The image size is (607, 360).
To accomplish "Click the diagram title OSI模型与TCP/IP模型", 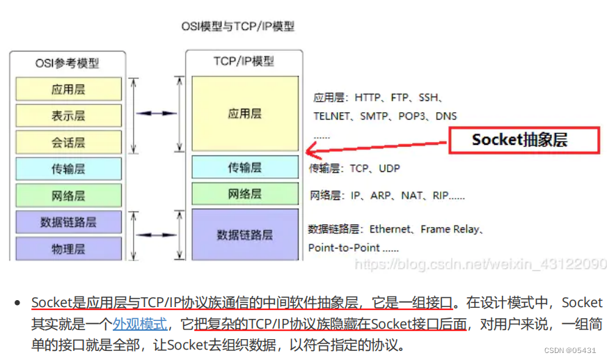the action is coord(237,26).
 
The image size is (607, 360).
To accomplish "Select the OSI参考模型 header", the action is coord(68,63).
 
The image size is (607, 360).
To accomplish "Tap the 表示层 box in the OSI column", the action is coord(68,116).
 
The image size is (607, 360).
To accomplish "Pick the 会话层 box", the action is coord(68,142).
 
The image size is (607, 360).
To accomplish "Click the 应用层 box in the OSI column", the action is coord(68,89).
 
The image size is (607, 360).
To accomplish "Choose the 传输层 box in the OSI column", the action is coord(68,169).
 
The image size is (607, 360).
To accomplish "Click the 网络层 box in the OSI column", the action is coord(68,195).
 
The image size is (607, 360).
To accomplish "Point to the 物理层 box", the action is coord(68,249).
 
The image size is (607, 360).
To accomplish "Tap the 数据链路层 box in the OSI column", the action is coord(68,222).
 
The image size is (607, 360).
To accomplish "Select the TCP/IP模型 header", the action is coord(244,61).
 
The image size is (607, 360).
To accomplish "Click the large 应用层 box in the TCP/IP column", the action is coord(245,113).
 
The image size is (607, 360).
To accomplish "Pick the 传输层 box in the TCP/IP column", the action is coord(245,167).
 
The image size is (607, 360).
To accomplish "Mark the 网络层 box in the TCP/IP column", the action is coord(245,194).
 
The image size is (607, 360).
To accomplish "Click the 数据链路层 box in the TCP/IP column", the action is coord(245,235).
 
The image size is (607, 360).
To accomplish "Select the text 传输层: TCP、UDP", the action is coord(355,169).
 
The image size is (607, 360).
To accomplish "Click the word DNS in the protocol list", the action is coord(446,116).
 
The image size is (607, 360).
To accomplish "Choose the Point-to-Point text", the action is coord(344,247).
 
